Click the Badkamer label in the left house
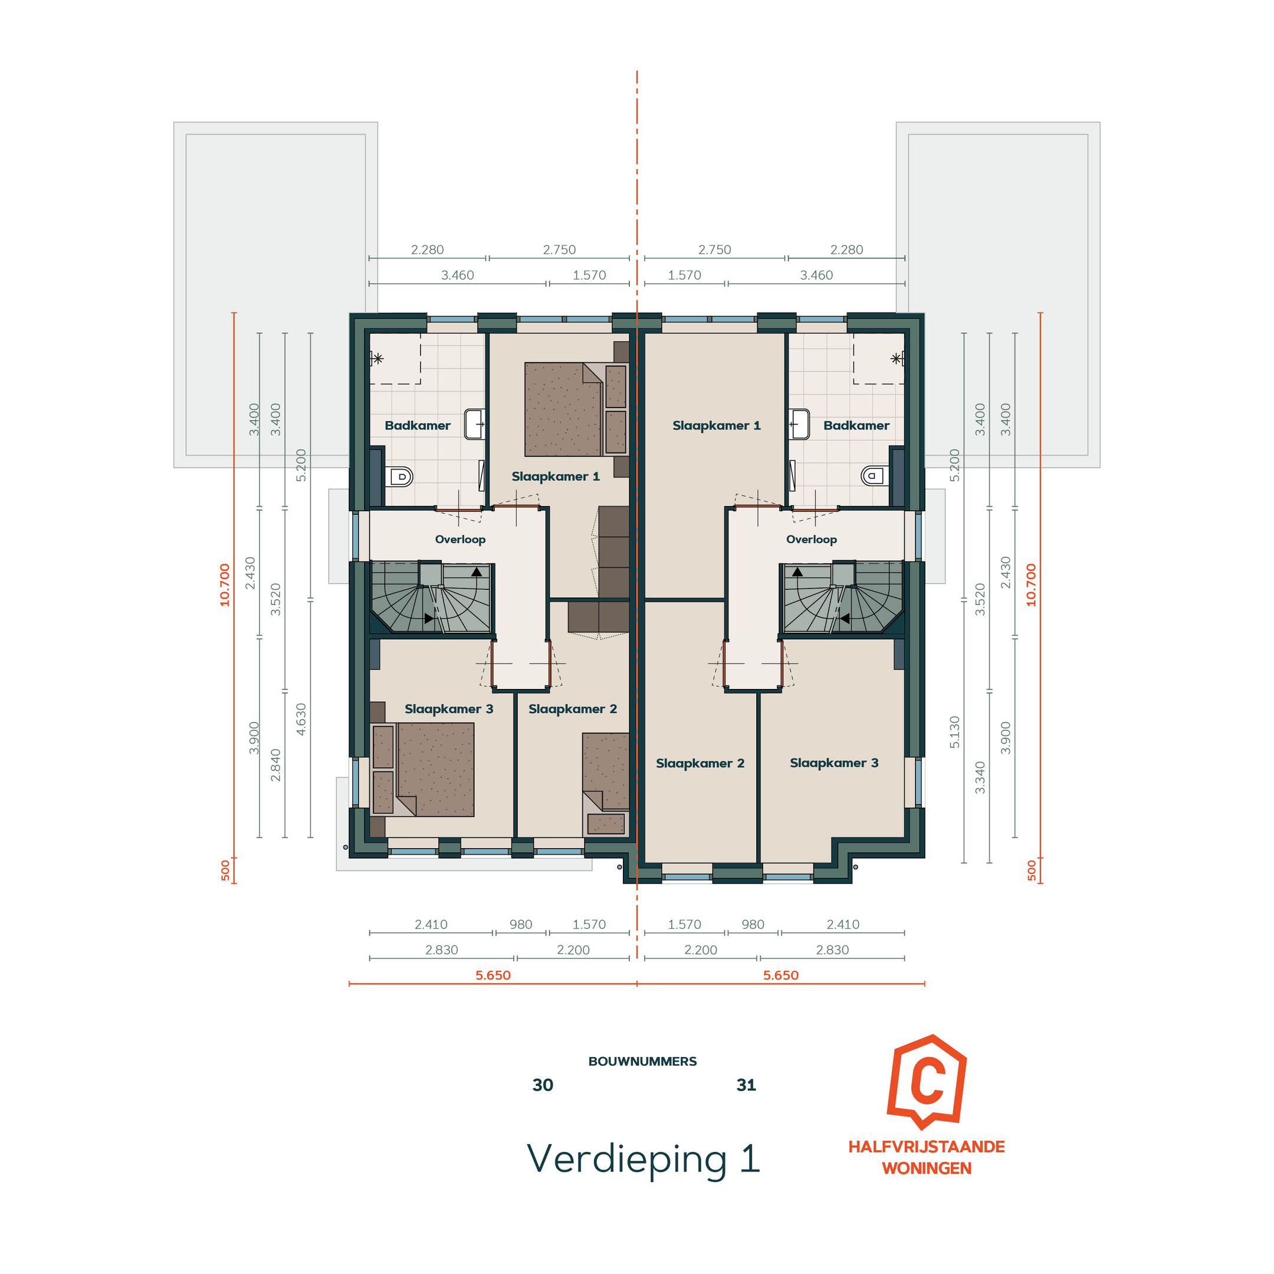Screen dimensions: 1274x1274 tap(418, 425)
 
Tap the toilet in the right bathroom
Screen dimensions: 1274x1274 tap(874, 475)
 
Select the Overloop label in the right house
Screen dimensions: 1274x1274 tap(811, 540)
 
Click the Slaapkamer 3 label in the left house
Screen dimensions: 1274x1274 tap(449, 709)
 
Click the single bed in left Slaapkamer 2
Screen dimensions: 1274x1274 tap(605, 771)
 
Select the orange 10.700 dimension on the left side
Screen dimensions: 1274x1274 tap(225, 585)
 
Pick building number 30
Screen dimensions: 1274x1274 tap(543, 1085)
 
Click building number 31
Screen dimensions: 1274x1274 tap(746, 1085)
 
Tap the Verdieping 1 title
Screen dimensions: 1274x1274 tap(643, 1158)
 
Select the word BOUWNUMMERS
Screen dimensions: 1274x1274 tap(642, 1062)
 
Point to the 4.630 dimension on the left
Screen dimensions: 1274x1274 tap(301, 719)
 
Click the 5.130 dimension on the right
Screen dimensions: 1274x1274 tap(954, 732)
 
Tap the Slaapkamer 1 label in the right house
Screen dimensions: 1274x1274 tap(716, 425)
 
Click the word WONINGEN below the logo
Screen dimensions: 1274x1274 tap(927, 1168)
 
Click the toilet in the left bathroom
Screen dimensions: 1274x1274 tap(400, 475)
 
